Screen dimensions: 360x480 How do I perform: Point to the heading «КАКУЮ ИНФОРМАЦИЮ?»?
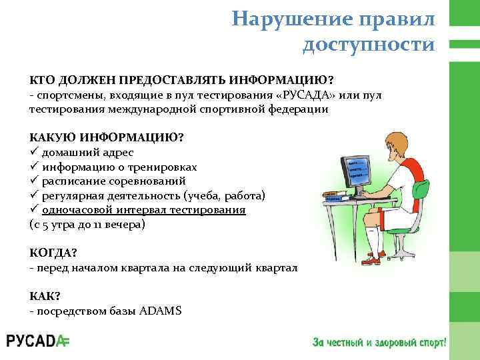pos(107,137)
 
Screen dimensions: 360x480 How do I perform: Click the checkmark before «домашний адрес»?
pos(34,152)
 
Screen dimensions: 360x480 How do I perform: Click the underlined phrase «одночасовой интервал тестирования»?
pos(143,209)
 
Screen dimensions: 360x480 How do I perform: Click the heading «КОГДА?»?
pos(54,253)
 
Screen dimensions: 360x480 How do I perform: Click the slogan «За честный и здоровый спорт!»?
pos(379,342)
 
